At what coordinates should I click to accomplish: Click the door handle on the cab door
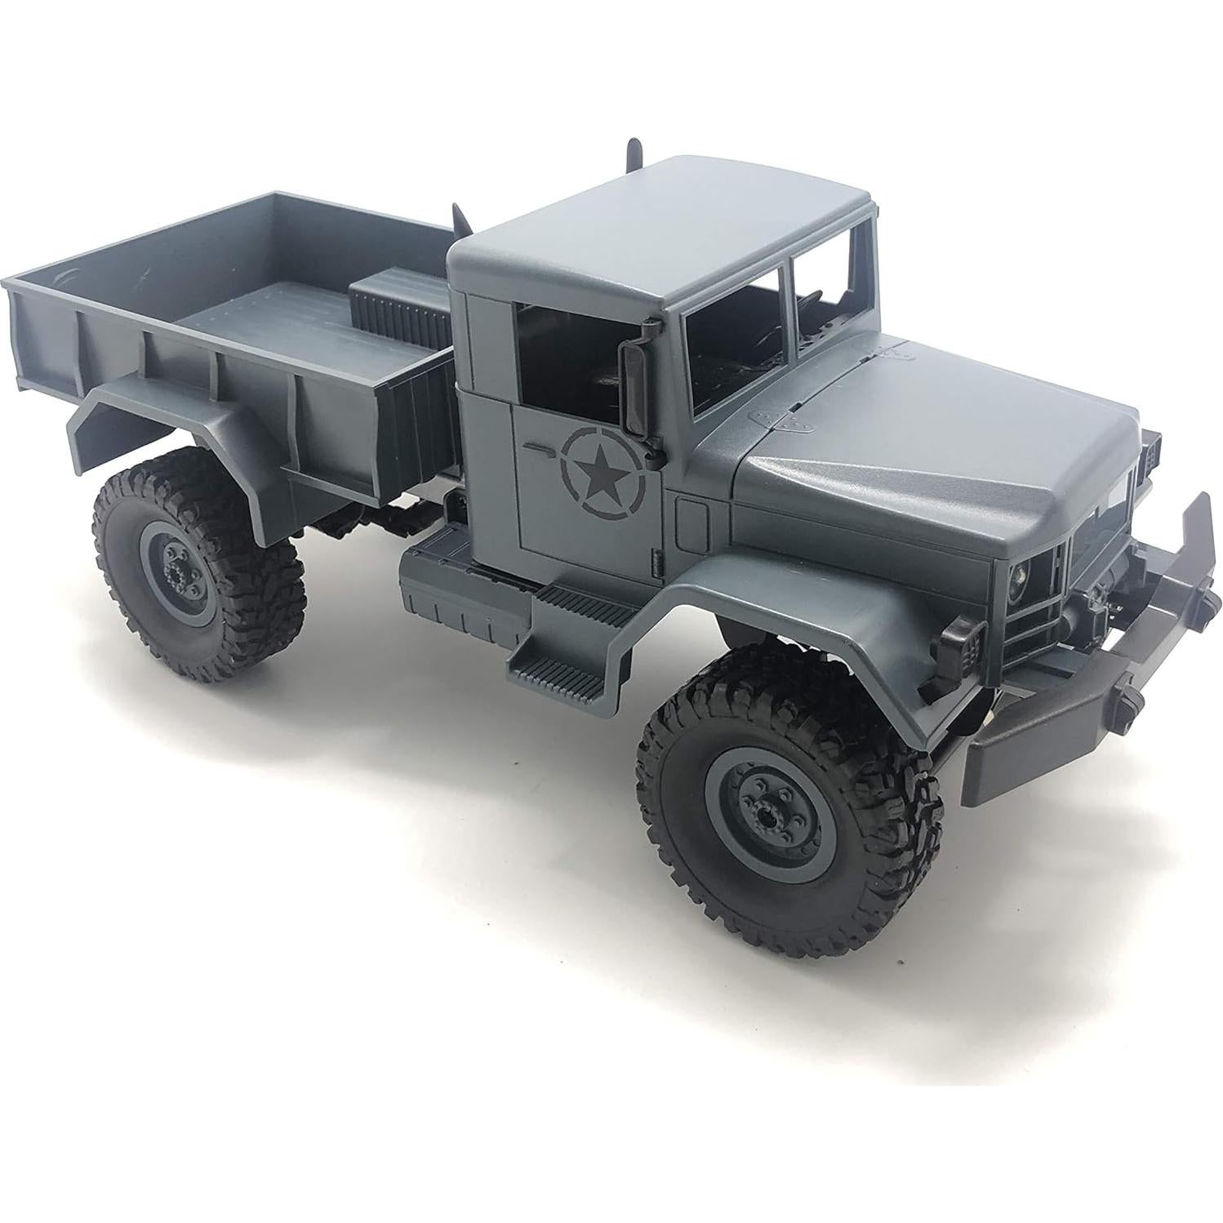pos(540,447)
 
